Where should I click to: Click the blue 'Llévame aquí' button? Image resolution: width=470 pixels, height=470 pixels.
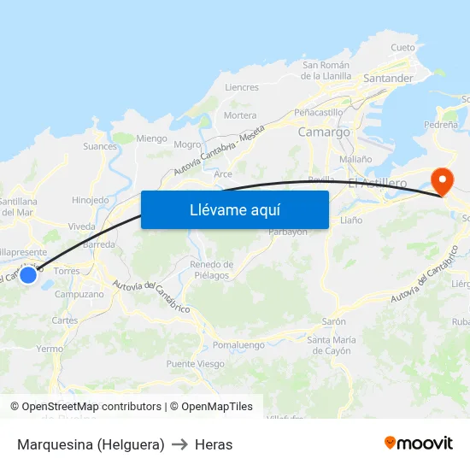point(235,209)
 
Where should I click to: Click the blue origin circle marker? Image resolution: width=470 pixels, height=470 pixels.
point(28,274)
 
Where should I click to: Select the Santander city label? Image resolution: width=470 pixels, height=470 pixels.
point(388,79)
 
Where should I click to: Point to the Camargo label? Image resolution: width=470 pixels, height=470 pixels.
point(324,132)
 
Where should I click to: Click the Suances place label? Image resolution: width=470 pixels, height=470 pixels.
point(100,146)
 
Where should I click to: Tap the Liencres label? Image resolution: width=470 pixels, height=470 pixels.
point(241,87)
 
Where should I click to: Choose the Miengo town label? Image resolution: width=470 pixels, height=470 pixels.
point(151,138)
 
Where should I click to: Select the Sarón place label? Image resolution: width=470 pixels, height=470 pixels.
point(334,321)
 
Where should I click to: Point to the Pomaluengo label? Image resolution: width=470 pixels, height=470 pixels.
point(238,344)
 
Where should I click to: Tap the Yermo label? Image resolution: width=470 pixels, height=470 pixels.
point(50,349)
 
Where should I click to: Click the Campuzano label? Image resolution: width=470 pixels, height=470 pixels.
point(79,294)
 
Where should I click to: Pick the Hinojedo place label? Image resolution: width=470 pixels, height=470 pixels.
point(91,200)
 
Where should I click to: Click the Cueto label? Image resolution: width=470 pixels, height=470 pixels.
point(402,48)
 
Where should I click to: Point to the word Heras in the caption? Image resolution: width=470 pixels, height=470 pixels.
point(214,444)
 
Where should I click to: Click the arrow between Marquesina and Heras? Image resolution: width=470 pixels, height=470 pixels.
point(179,444)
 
